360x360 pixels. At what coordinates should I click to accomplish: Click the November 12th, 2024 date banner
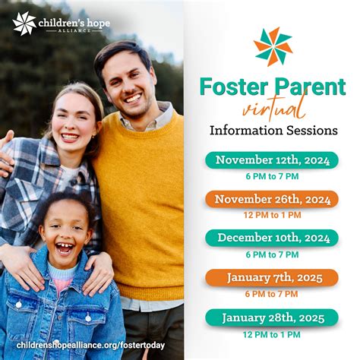272,160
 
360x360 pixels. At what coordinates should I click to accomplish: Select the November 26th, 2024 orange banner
272,199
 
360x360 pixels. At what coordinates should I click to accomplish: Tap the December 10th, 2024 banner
272,238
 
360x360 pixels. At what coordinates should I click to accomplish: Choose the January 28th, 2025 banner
272,317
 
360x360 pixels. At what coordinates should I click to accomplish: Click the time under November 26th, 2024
272,215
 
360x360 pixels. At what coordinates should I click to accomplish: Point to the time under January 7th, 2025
272,294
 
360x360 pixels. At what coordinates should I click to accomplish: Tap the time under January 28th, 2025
272,334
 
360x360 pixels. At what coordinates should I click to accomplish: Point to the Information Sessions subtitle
273,130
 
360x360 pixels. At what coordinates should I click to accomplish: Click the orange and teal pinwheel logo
273,46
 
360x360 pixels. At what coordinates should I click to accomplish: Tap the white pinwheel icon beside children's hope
25,24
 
